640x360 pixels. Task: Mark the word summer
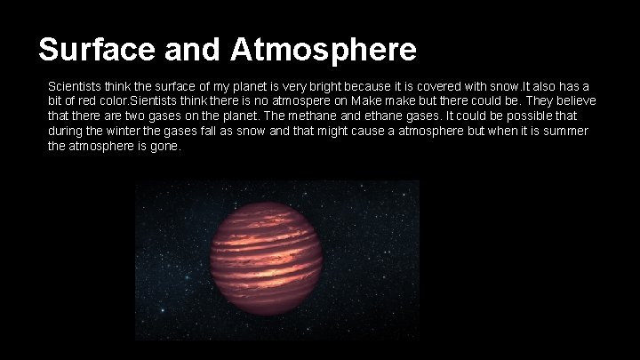[x=565, y=131]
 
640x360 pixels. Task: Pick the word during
[x=66, y=131]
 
